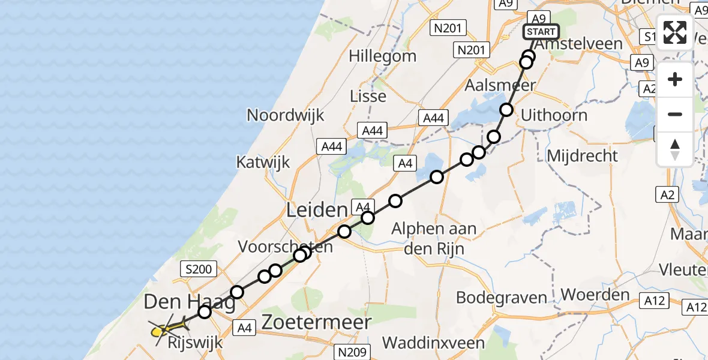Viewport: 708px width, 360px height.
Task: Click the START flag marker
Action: tap(542, 31)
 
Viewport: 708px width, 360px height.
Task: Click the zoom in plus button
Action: tap(675, 80)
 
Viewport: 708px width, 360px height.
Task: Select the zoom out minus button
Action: tap(675, 114)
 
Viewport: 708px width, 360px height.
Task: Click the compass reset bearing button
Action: tap(675, 149)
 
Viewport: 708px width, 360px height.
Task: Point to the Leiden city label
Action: tap(317, 210)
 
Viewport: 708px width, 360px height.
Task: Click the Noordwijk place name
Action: tap(286, 115)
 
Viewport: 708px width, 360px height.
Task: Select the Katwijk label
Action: tap(263, 161)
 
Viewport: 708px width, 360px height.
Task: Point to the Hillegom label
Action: tap(383, 56)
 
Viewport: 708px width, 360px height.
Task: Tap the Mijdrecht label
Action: tap(583, 156)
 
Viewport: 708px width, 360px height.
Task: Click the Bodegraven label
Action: tap(502, 297)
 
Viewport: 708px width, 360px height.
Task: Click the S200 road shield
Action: tap(199, 269)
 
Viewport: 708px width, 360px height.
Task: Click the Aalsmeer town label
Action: tap(500, 85)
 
